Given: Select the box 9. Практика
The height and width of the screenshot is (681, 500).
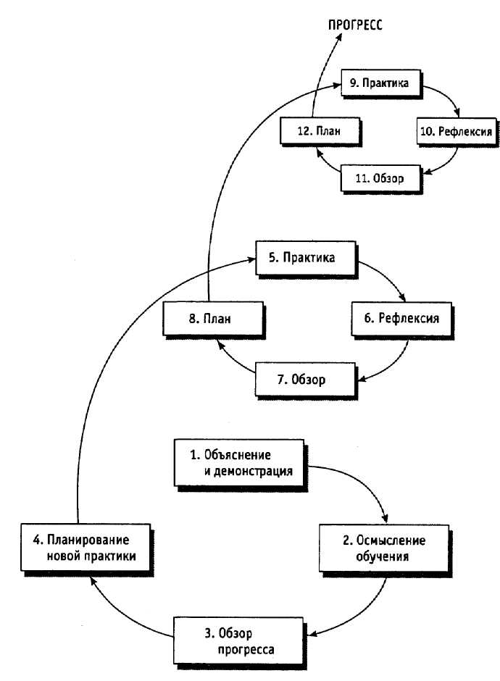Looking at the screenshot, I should pos(381,83).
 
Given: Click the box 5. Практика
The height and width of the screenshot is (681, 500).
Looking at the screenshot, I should pos(309,258).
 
